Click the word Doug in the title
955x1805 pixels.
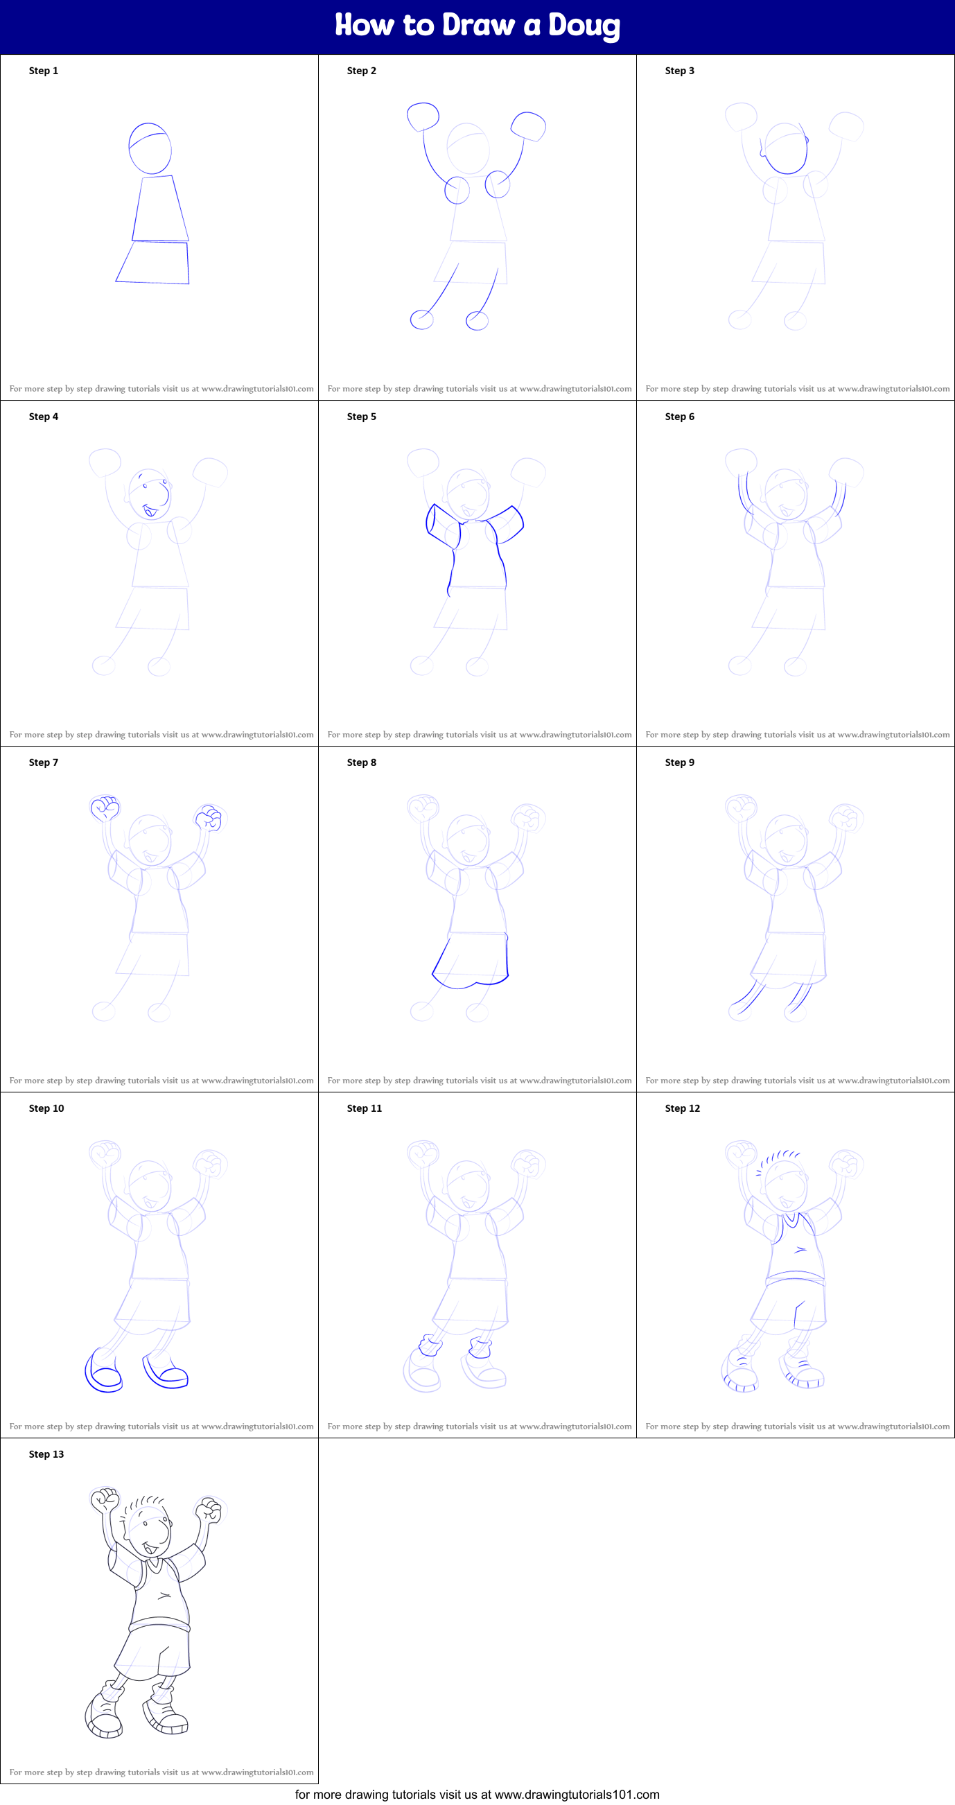(584, 25)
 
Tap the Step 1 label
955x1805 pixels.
(44, 71)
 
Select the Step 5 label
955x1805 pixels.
(362, 417)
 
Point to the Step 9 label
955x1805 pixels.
(680, 762)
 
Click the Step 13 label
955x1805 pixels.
(46, 1454)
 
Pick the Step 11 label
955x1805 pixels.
(365, 1108)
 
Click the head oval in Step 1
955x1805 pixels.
(150, 148)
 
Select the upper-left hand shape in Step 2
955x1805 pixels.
(423, 116)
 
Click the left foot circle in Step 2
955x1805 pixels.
(422, 320)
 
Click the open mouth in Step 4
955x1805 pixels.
(149, 512)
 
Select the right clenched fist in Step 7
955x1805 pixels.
(209, 818)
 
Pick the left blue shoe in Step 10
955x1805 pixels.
(103, 1371)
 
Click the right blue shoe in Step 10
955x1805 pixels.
(166, 1371)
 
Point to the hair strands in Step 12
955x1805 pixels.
(779, 1158)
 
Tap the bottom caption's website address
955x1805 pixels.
(577, 1795)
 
